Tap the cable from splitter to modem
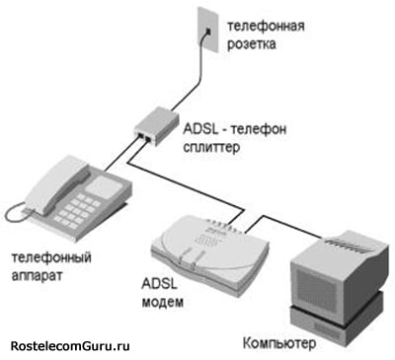197,180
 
